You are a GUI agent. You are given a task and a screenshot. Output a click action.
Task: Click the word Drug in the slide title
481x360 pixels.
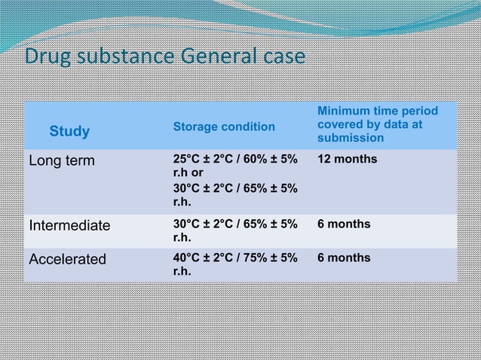coord(47,57)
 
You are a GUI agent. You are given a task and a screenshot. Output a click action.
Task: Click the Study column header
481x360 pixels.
coord(69,133)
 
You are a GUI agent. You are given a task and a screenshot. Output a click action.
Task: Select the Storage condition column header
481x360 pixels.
coord(224,127)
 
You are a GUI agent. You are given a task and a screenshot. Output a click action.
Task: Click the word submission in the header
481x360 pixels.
coord(351,139)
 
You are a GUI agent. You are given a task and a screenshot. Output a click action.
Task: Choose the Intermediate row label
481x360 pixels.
coord(69,224)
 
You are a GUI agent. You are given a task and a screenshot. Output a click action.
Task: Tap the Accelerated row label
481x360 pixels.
coord(68,259)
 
